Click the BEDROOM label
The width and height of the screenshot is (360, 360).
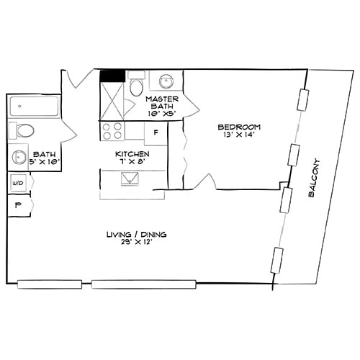coord(238,127)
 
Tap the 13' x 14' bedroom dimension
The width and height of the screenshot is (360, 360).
coord(238,136)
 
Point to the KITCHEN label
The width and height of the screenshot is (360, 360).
coord(132,154)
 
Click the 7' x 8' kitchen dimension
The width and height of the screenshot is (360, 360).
coord(132,163)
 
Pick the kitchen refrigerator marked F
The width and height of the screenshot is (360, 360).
coord(156,132)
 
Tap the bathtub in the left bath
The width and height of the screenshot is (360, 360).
coord(35,107)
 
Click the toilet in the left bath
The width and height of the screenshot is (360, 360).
coord(23,131)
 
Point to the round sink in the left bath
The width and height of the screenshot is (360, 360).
coord(17,158)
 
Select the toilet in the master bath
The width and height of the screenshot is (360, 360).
coord(136,86)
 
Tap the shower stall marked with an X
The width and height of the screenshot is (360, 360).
coord(112,99)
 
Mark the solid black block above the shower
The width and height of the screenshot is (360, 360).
coord(112,74)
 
